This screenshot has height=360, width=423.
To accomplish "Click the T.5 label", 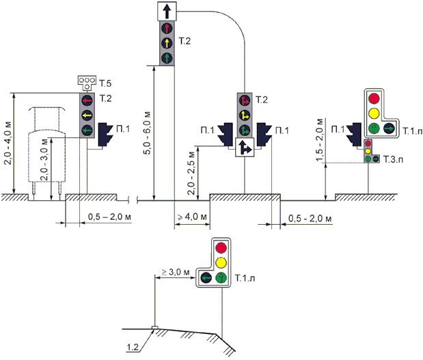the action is (105, 83).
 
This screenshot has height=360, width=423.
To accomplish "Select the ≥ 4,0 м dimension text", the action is (192, 217).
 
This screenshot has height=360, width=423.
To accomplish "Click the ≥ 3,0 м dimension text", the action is (176, 272).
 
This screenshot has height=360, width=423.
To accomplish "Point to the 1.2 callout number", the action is (133, 347).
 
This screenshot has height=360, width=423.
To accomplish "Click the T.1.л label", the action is (245, 278).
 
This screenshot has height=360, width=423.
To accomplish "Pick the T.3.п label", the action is (393, 159).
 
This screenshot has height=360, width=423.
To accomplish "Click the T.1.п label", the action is (413, 130).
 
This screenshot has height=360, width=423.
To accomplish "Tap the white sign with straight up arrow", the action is (167, 11).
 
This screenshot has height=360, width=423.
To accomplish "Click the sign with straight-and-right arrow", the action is (245, 148).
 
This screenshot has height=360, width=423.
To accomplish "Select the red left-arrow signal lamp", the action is (87, 101).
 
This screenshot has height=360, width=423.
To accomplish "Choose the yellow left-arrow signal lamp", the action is (87, 115).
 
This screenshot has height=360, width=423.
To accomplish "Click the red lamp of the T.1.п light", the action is (374, 98).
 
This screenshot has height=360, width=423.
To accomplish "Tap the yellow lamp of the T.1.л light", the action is (221, 262).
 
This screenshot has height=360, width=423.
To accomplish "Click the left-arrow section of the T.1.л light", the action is (206, 277).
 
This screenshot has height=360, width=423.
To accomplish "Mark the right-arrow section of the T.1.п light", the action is (389, 128).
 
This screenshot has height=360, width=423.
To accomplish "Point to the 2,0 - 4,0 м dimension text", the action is (8, 143).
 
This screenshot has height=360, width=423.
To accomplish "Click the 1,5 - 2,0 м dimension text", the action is (319, 139).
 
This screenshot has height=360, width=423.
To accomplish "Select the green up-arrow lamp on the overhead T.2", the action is (167, 57).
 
